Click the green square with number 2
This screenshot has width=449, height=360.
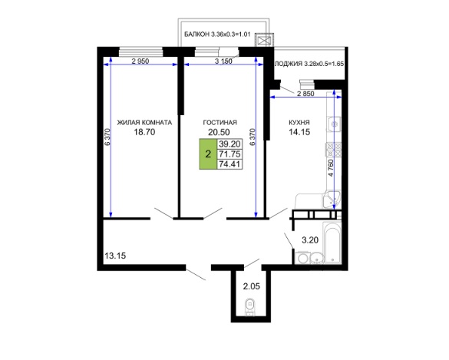pos(208,154)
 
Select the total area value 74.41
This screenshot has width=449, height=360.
pos(229,164)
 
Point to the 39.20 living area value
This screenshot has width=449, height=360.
pos(229,144)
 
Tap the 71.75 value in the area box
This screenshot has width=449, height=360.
pos(229,154)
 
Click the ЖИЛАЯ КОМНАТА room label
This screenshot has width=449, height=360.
pos(144,123)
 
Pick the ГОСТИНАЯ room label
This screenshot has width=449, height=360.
pos(220,123)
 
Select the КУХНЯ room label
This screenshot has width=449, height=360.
pos(299,123)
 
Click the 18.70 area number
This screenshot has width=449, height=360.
pos(144,132)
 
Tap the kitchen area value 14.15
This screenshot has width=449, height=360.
pos(299,132)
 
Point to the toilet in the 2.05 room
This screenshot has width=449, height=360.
pos(250,306)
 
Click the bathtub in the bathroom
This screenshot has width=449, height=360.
pos(332,243)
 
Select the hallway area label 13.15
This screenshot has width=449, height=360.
pos(115,256)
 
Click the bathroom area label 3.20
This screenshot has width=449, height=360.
pos(310,240)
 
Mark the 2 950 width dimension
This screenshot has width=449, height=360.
pos(140,61)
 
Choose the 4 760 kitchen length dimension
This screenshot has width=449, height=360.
pos(331,168)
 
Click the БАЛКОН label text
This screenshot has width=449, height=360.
pos(196,35)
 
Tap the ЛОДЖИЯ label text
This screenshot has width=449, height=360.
pos(289,64)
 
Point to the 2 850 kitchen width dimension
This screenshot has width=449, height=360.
pos(305,94)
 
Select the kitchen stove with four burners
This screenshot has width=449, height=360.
pos(334,150)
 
